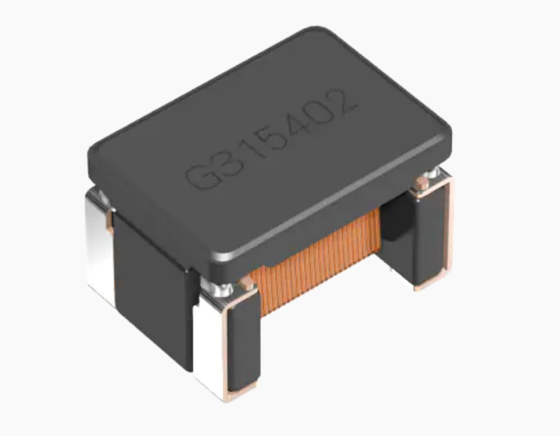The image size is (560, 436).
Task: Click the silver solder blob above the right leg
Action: [x=433, y=174]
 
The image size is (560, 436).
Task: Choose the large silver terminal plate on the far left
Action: [x=99, y=241]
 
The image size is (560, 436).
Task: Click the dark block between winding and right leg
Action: [x=393, y=219]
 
